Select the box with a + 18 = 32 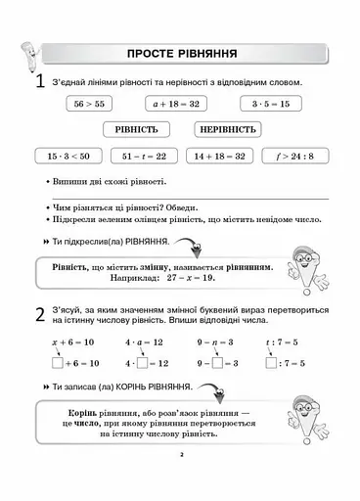(x=176, y=102)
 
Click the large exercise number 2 (x=38, y=316)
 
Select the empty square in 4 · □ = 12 (x=143, y=363)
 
